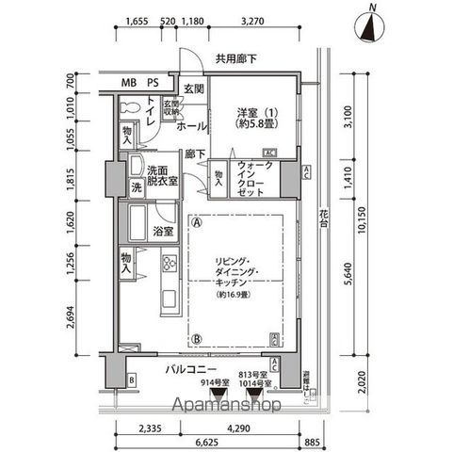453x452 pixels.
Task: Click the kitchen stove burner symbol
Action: coord(170,263)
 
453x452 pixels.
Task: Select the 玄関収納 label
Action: coord(170,107)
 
